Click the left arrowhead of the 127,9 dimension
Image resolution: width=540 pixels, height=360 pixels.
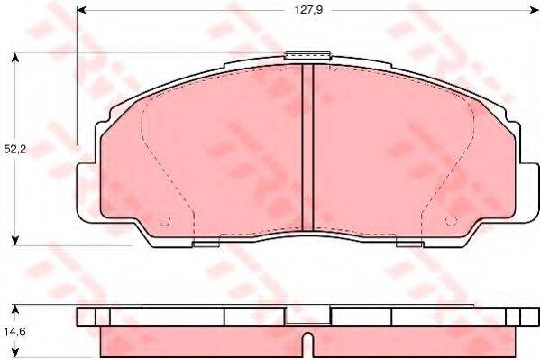(82, 12)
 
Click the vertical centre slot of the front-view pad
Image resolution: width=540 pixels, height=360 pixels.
(307, 149)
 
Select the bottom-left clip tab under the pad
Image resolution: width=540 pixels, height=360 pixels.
(206, 242)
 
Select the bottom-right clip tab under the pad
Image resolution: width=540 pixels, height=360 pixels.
(408, 242)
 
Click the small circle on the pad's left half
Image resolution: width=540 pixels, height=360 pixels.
(163, 222)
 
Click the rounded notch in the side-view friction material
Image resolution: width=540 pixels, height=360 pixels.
(307, 344)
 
